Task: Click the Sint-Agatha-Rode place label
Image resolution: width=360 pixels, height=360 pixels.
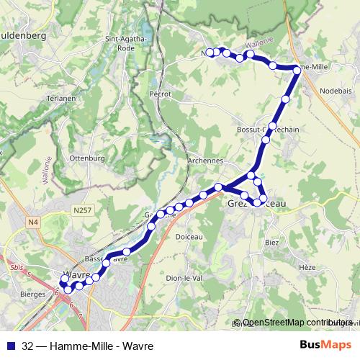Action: [x=127, y=42]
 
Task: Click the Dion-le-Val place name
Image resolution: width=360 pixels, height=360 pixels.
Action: [x=184, y=278]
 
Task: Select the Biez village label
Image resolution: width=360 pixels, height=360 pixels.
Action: [x=271, y=243]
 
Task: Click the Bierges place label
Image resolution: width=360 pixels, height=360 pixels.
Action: [x=33, y=294]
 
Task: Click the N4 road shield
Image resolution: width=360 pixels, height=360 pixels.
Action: [x=33, y=222]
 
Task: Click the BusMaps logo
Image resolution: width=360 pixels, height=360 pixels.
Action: [x=325, y=345]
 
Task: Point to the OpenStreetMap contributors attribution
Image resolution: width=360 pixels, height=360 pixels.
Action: [x=297, y=323]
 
